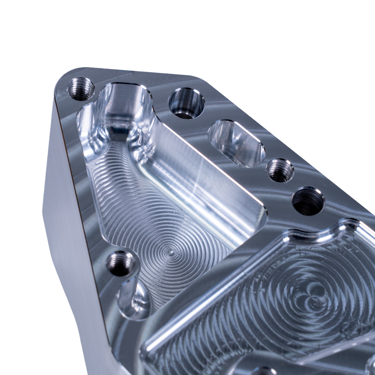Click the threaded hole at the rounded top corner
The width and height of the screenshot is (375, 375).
(x=81, y=89)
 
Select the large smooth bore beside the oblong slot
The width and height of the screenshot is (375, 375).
(x=186, y=103)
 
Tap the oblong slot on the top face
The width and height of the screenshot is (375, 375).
(x=236, y=143)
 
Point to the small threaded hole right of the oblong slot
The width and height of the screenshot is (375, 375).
(x=280, y=171)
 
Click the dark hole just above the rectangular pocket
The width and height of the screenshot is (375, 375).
(x=308, y=201)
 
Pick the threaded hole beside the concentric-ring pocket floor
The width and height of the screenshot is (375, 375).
(x=120, y=264)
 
